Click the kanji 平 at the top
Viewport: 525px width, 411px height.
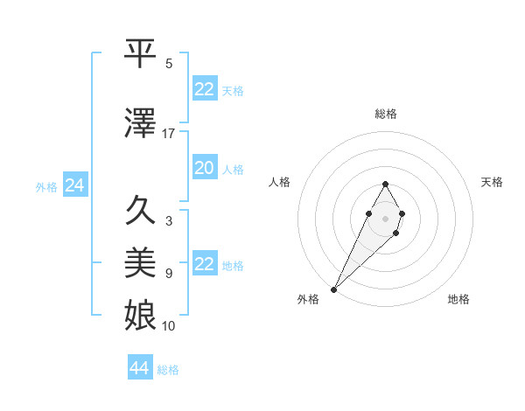141,53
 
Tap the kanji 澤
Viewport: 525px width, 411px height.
141,125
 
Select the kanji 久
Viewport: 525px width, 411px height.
141,212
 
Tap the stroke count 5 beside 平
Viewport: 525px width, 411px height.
169,64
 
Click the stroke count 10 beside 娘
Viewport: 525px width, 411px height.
169,325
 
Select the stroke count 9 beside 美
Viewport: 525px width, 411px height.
169,274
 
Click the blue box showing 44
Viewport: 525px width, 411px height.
140,368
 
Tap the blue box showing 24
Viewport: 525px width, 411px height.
75,185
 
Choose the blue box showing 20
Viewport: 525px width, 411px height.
205,169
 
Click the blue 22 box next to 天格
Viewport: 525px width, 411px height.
205,89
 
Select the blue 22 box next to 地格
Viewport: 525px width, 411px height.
205,264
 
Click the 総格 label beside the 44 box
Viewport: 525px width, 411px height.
168,370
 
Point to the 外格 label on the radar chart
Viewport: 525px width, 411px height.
308,299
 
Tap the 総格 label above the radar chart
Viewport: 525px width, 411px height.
385,114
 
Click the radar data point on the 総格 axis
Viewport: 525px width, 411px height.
385,184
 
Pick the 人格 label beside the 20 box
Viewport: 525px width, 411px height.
232,170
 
